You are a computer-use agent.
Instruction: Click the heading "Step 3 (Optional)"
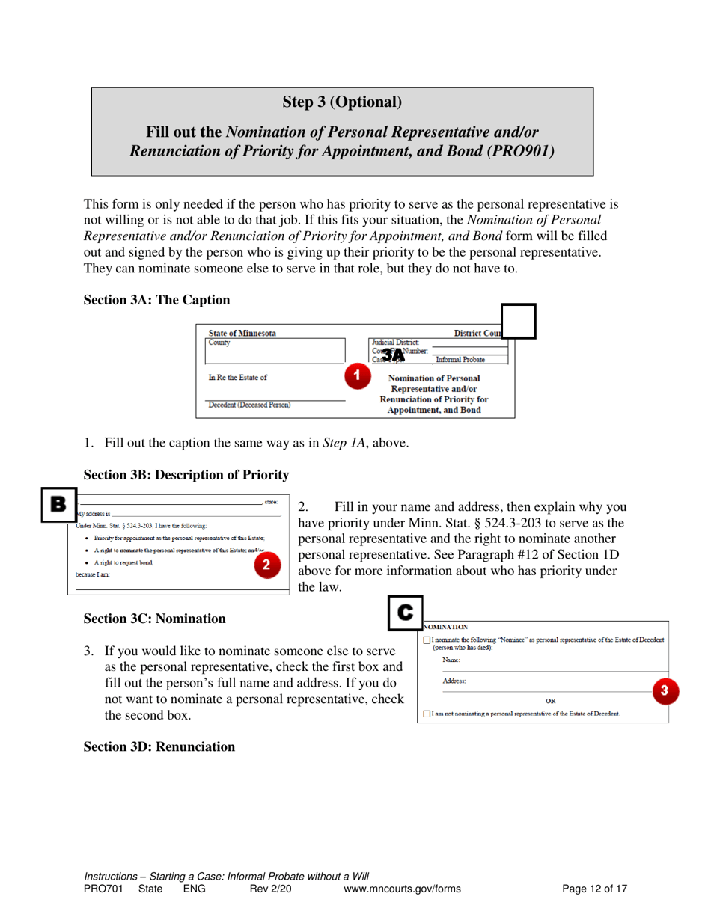[x=342, y=101]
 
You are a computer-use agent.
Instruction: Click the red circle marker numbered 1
[x=358, y=373]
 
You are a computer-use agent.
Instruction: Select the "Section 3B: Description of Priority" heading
[x=186, y=473]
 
